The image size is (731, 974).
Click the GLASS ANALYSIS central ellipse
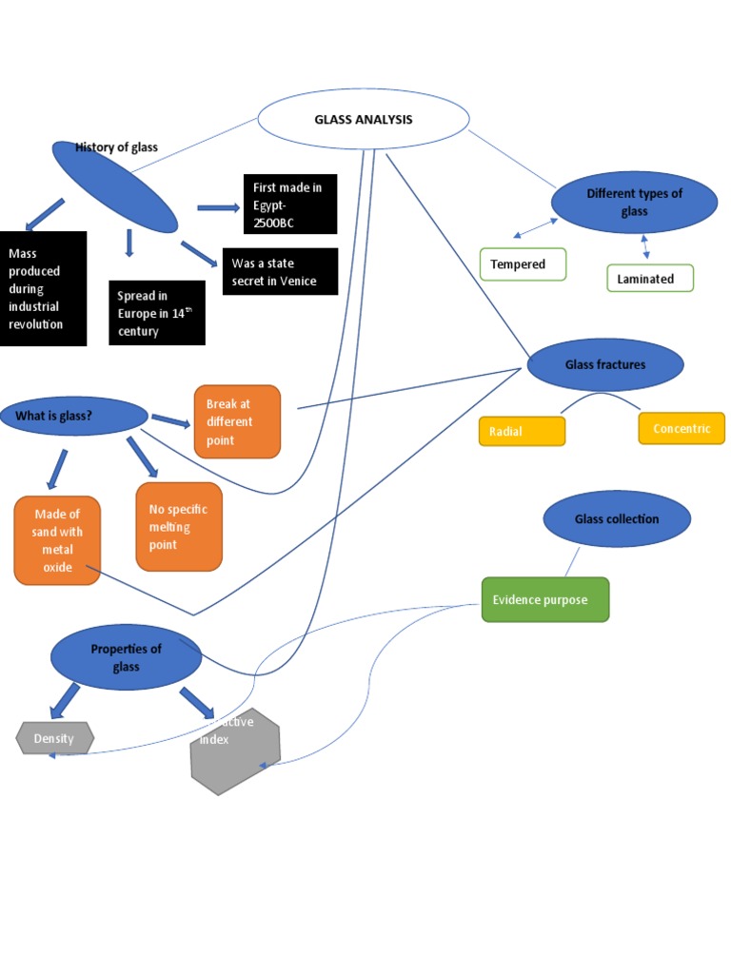tap(364, 120)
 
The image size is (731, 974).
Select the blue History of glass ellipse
tap(115, 186)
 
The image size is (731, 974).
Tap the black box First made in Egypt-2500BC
tap(290, 205)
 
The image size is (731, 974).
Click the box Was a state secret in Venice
tap(280, 272)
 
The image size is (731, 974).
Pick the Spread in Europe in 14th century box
tap(157, 313)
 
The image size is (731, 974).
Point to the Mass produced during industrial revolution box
tap(43, 288)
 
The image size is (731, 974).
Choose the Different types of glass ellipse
tap(634, 202)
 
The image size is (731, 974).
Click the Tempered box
tap(523, 264)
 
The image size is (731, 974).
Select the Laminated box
tap(650, 279)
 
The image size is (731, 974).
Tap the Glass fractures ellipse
tap(605, 365)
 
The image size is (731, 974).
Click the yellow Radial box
tap(522, 432)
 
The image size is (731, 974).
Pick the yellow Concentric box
tap(682, 429)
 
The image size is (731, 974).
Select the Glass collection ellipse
tap(617, 519)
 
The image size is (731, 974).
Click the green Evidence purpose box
tap(545, 600)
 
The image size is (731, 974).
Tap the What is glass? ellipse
tap(74, 416)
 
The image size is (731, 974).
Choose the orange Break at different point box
tap(237, 422)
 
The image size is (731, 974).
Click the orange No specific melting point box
tap(179, 527)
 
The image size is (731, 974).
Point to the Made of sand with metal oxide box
tap(57, 540)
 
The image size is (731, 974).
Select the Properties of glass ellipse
tap(126, 657)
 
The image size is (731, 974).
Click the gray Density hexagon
tap(56, 738)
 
